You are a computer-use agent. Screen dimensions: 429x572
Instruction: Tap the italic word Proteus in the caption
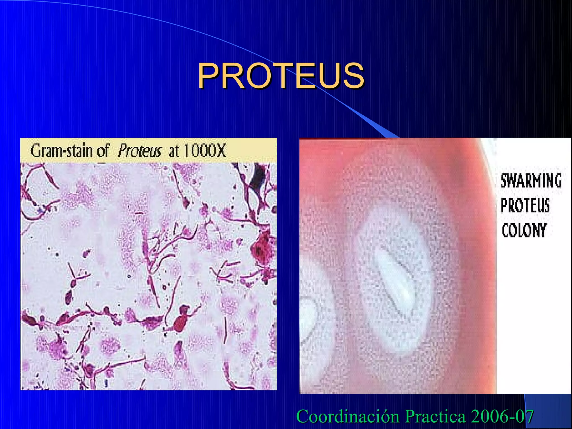click(x=139, y=151)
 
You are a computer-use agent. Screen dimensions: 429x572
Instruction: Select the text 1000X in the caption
click(x=204, y=151)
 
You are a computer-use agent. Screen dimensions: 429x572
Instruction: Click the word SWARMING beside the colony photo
click(x=531, y=181)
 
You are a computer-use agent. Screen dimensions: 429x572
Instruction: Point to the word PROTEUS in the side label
click(x=525, y=206)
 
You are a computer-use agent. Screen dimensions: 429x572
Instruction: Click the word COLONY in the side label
click(x=524, y=230)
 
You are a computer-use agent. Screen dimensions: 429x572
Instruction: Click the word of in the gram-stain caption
click(x=103, y=151)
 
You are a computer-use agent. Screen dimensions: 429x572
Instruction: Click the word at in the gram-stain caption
click(x=174, y=151)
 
